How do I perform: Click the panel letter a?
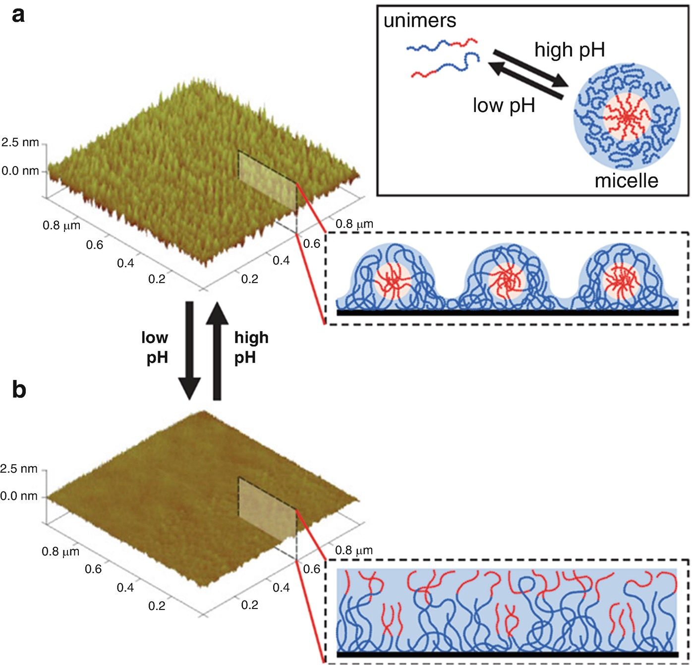point(18,15)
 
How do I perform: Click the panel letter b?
point(19,389)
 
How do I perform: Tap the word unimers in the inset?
point(419,21)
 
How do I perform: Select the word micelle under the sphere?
point(626,181)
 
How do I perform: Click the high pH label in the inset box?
point(570,50)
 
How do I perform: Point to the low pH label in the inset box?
point(504,106)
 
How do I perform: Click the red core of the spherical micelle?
point(627,117)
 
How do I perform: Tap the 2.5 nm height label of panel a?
point(20,143)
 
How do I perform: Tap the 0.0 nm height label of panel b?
point(19,496)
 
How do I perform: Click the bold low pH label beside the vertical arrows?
point(156,347)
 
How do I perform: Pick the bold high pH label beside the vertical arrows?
point(251,347)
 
